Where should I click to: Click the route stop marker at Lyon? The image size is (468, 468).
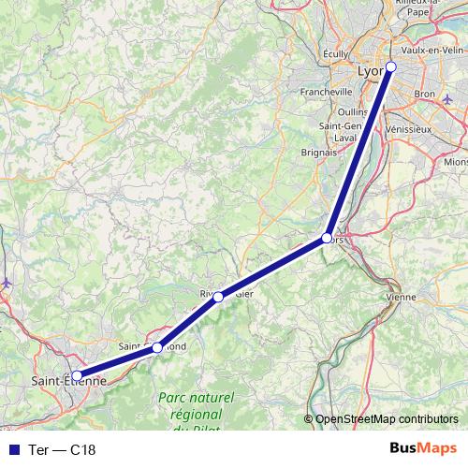[x=391, y=66]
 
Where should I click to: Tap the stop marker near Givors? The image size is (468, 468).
[x=327, y=238]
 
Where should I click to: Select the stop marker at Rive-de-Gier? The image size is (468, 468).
[x=218, y=297]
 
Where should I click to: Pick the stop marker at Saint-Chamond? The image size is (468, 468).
[x=157, y=347]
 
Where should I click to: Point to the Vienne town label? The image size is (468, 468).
[x=401, y=296]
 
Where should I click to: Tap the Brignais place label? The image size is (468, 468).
[x=320, y=151]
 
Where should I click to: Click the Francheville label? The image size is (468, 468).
[x=327, y=92]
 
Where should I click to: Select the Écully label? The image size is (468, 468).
[x=335, y=54]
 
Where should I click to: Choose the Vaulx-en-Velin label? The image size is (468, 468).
[x=431, y=50]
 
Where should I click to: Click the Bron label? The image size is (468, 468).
[x=425, y=95]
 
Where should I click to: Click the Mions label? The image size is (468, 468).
[x=456, y=161]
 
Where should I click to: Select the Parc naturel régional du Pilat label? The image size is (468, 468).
[x=197, y=412]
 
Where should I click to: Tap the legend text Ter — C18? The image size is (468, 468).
[x=63, y=449]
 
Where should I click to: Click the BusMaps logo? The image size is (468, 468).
[x=423, y=448]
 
